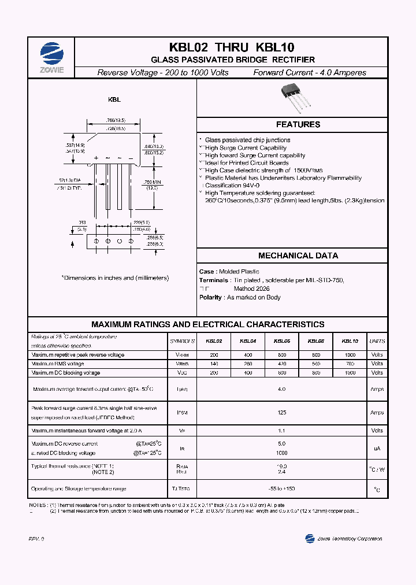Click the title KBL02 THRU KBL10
[232, 48]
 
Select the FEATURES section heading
[298, 124]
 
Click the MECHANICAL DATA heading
[298, 256]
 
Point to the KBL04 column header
[248, 342]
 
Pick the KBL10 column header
[350, 342]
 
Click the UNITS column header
[377, 342]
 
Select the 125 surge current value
[281, 413]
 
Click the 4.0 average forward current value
[281, 390]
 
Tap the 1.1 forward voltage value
[281, 431]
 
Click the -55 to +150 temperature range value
[281, 489]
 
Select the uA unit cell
[377, 448]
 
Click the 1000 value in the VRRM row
[350, 354]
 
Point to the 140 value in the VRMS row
[214, 364]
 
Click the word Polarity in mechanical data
[210, 297]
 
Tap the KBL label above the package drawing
[114, 99]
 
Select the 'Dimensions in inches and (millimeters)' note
[115, 278]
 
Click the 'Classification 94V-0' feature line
[233, 185]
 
